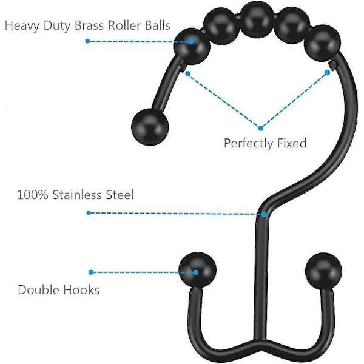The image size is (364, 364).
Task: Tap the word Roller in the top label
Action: coord(124,25)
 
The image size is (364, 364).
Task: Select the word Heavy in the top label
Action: coord(22,26)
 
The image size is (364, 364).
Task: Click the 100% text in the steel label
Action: coord(33,195)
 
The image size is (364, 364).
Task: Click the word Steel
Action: coord(120,195)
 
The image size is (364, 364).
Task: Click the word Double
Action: coord(39,290)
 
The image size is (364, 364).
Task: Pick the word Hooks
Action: coord(81,290)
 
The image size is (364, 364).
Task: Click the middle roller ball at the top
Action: coord(257,19)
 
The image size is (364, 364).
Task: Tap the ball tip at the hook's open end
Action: coord(150,127)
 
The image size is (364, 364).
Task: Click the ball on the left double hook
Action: coord(198,270)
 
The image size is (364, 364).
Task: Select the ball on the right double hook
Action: coord(323,271)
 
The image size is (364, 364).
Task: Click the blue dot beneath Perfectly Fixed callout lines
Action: coord(260,128)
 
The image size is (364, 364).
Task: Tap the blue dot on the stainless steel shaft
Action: coord(264,214)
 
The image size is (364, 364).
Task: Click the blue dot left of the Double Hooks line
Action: coord(91,272)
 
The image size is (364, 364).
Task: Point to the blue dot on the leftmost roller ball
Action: coord(191,41)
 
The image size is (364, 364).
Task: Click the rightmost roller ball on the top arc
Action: coord(323,44)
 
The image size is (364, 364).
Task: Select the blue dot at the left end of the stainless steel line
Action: coord(89,213)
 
